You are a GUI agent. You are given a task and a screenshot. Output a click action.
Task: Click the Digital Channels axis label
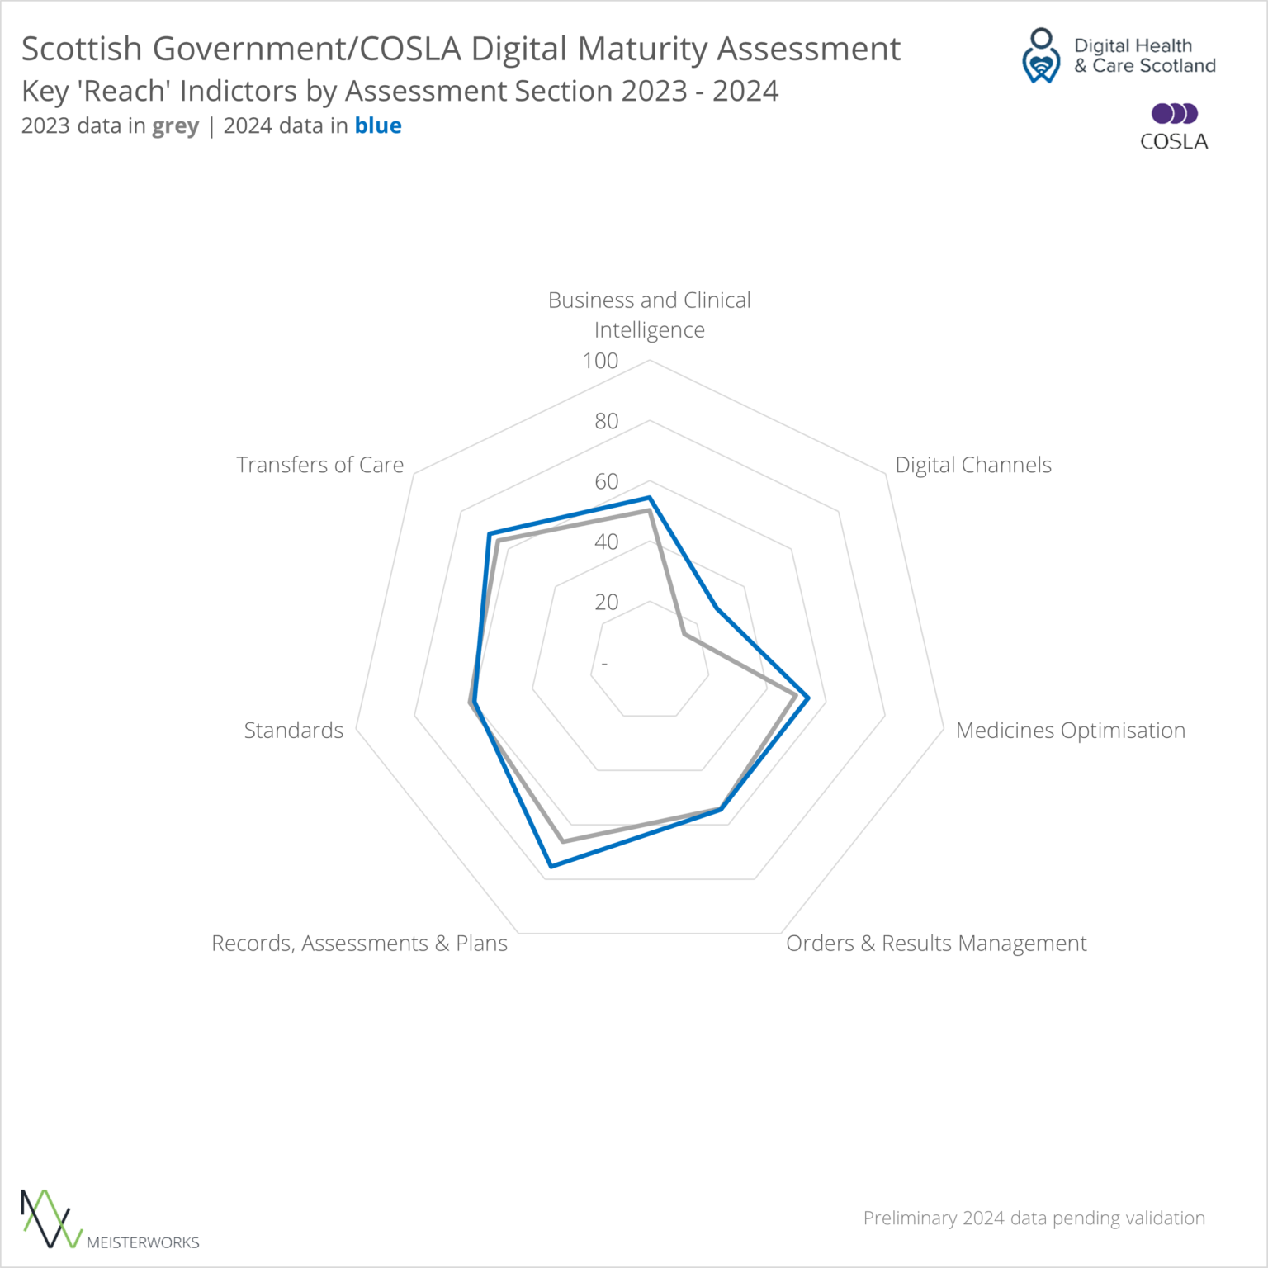pyautogui.click(x=973, y=465)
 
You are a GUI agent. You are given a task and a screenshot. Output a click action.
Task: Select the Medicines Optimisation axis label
pyautogui.click(x=1070, y=731)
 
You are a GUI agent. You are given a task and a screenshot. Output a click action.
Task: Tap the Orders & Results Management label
pyautogui.click(x=936, y=944)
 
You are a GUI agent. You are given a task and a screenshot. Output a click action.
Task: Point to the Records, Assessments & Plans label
pyautogui.click(x=359, y=944)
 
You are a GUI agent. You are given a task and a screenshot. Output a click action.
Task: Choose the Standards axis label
pyautogui.click(x=294, y=731)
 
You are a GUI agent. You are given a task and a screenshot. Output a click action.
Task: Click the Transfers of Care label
pyautogui.click(x=320, y=465)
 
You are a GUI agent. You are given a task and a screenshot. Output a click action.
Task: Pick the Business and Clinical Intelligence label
pyautogui.click(x=650, y=315)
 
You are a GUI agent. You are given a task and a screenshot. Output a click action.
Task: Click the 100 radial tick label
pyautogui.click(x=600, y=361)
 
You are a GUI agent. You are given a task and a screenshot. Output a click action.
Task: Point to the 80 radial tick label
pyautogui.click(x=607, y=421)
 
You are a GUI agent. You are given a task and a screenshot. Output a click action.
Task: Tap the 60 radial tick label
pyautogui.click(x=607, y=481)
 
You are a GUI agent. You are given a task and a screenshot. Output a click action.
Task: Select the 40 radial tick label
pyautogui.click(x=607, y=542)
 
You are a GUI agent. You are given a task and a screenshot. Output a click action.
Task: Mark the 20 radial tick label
pyautogui.click(x=607, y=602)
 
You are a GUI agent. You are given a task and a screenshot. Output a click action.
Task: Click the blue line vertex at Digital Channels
pyautogui.click(x=717, y=609)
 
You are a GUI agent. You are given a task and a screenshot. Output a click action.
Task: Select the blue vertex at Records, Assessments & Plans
pyautogui.click(x=551, y=866)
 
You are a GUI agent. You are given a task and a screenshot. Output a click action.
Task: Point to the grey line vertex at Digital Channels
pyautogui.click(x=684, y=634)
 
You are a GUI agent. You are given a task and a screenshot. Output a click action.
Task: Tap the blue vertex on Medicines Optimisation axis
pyautogui.click(x=808, y=698)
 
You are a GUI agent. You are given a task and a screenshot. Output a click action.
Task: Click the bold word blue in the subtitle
pyautogui.click(x=378, y=125)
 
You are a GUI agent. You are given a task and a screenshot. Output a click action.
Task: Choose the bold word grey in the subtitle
pyautogui.click(x=175, y=126)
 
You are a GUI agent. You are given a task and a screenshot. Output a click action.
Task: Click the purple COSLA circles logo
pyautogui.click(x=1174, y=113)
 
